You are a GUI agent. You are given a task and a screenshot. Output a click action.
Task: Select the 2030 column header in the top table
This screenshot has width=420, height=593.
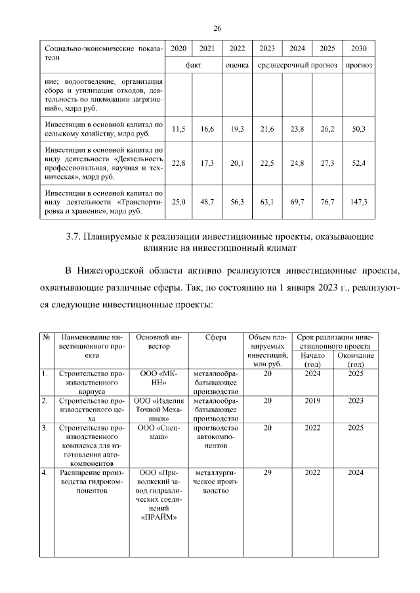[x=359, y=49]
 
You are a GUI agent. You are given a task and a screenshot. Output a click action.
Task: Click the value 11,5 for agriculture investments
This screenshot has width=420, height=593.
[x=178, y=129]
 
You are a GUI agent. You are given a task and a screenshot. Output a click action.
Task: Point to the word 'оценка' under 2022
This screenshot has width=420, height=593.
[x=236, y=66]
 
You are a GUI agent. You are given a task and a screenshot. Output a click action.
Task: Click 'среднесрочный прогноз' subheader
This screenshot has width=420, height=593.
[x=297, y=66]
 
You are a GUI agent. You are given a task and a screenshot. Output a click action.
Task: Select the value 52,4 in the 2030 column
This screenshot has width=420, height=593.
[x=359, y=163]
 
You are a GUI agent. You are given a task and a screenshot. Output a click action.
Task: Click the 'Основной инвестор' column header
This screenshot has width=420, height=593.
[x=157, y=341]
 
